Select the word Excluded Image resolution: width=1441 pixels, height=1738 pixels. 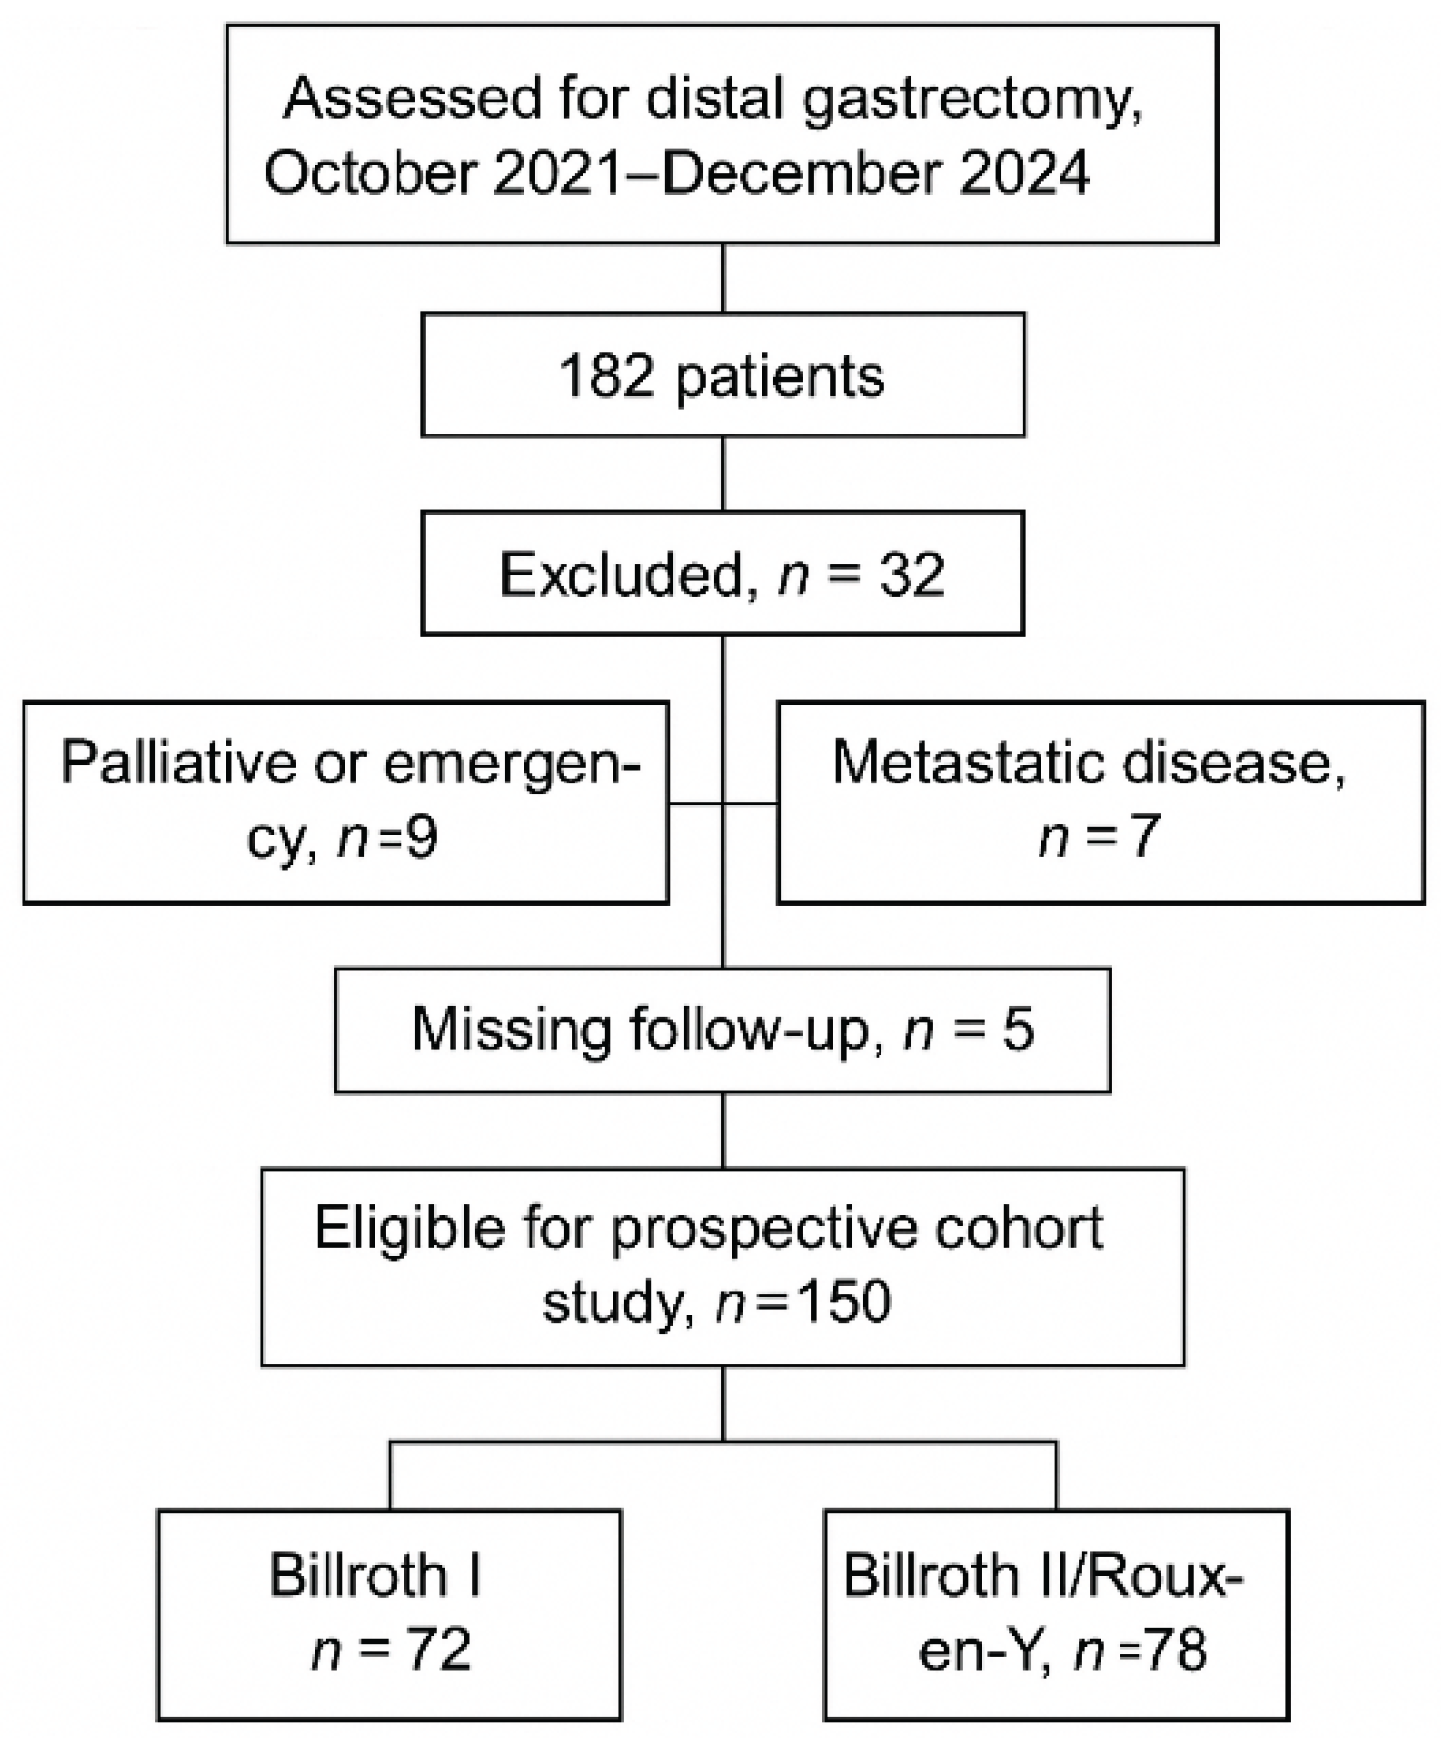point(621,575)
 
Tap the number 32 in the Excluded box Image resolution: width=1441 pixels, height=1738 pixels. point(911,575)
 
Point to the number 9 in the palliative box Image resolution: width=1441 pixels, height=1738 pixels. point(421,838)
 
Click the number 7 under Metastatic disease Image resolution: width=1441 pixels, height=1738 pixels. point(1144,836)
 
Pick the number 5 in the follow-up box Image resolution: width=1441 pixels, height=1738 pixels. point(1017,1029)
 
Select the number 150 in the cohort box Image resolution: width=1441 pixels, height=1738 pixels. point(844,1302)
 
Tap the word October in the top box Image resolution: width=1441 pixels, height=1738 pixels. point(370,173)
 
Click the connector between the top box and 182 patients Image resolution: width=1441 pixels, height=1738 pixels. point(722,278)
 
